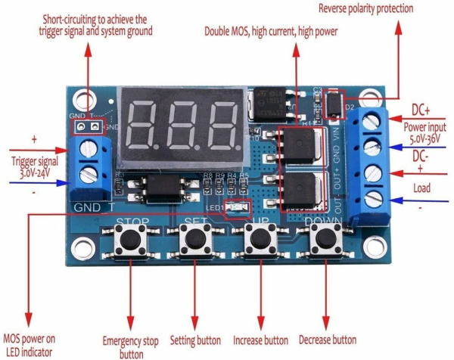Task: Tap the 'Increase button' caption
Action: [262, 340]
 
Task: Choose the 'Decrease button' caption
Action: [328, 340]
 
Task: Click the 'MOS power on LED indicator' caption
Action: [31, 346]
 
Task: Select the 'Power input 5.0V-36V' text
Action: [424, 133]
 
